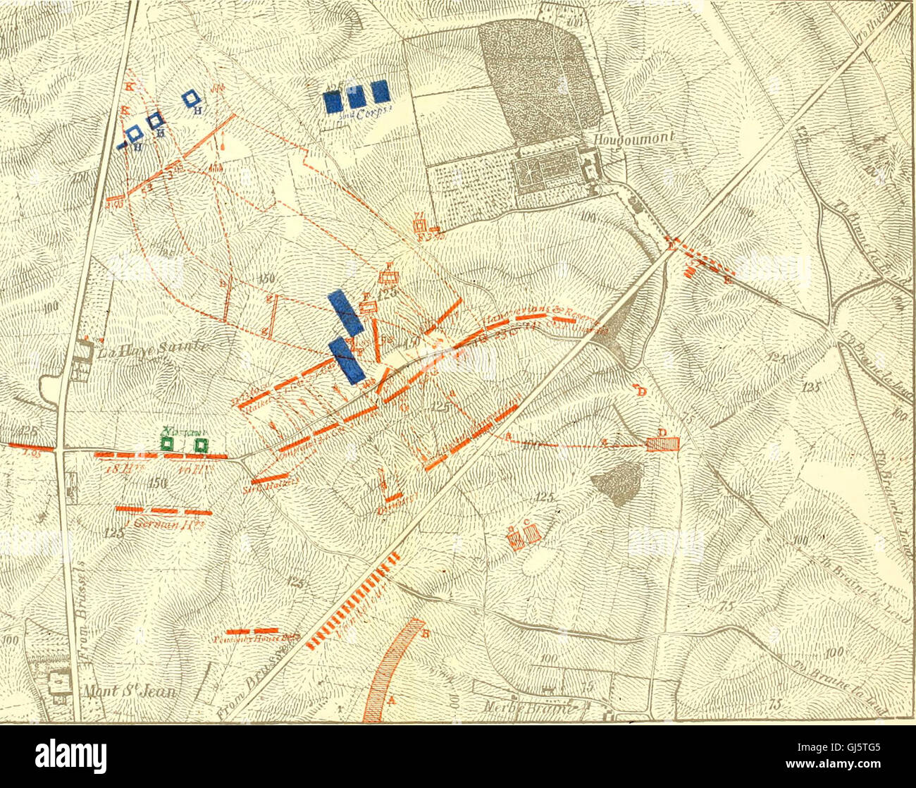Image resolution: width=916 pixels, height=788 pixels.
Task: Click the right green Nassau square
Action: click(x=202, y=445)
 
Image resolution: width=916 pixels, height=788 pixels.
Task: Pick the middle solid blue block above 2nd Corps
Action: click(x=356, y=97)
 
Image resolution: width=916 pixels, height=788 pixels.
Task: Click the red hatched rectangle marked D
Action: click(x=663, y=443)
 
